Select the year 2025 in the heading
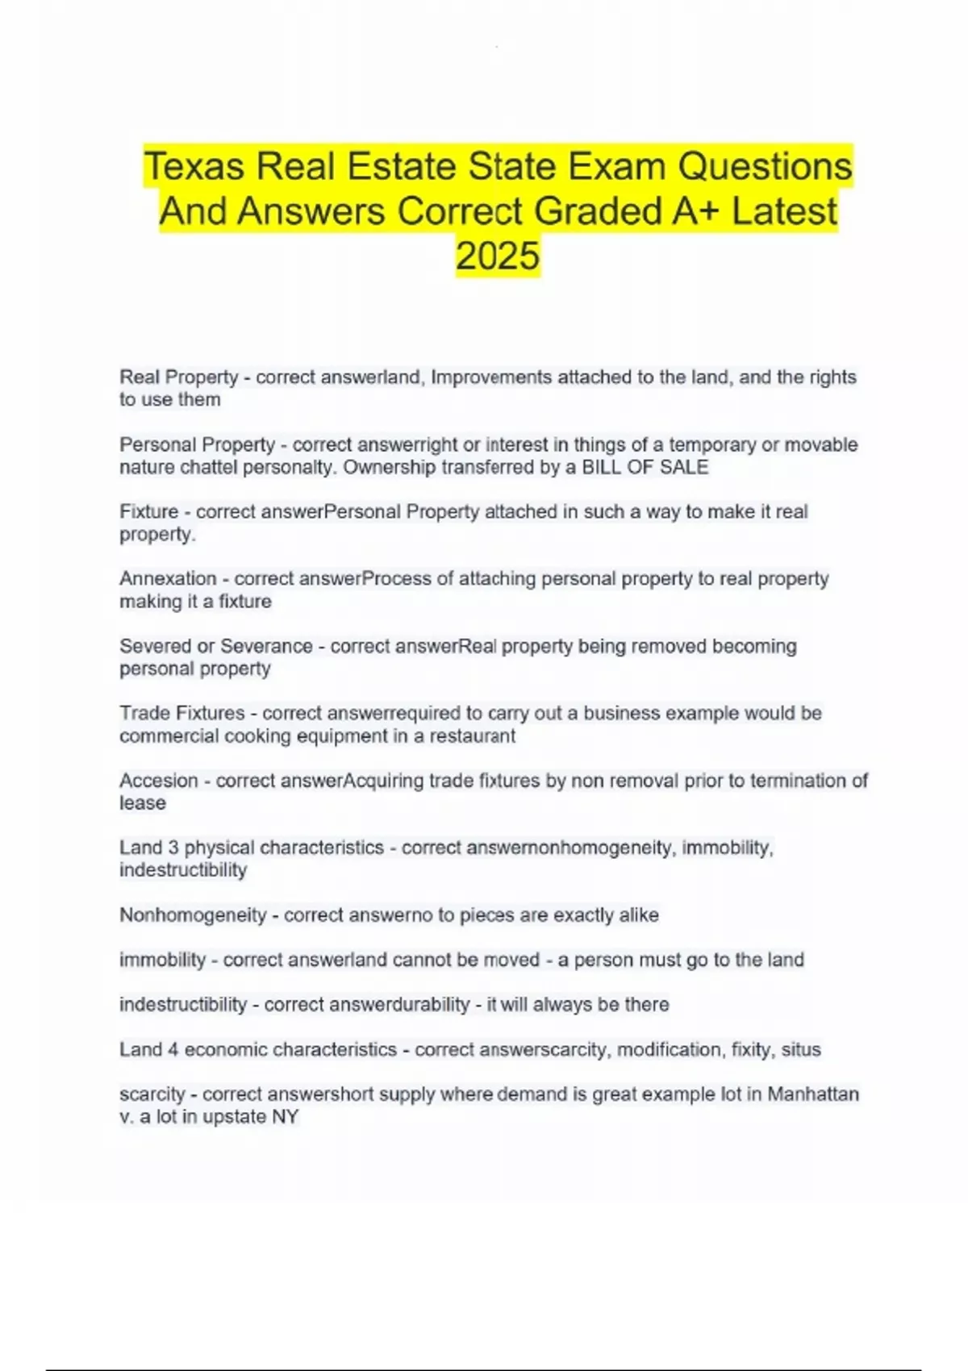coord(498,256)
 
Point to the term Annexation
coord(168,578)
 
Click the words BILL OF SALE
coord(645,467)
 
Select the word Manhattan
coord(812,1094)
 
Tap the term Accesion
coord(158,781)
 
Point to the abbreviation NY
coord(286,1117)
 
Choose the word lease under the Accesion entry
coord(143,803)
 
